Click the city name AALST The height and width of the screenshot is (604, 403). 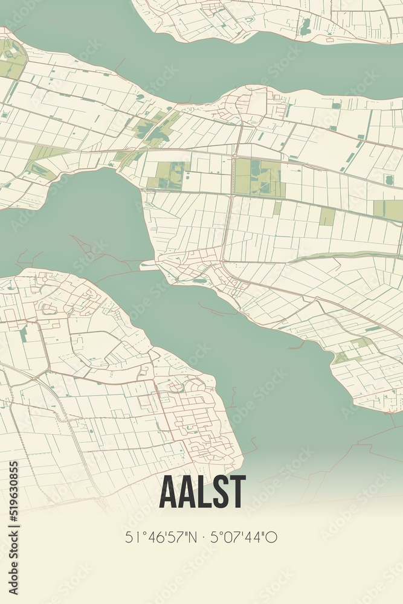[x=202, y=492]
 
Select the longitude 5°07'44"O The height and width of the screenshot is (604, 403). [x=243, y=537]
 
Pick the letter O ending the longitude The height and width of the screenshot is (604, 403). [x=273, y=537]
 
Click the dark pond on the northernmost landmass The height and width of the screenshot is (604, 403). [x=306, y=25]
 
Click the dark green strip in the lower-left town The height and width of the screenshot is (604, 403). [x=24, y=334]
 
